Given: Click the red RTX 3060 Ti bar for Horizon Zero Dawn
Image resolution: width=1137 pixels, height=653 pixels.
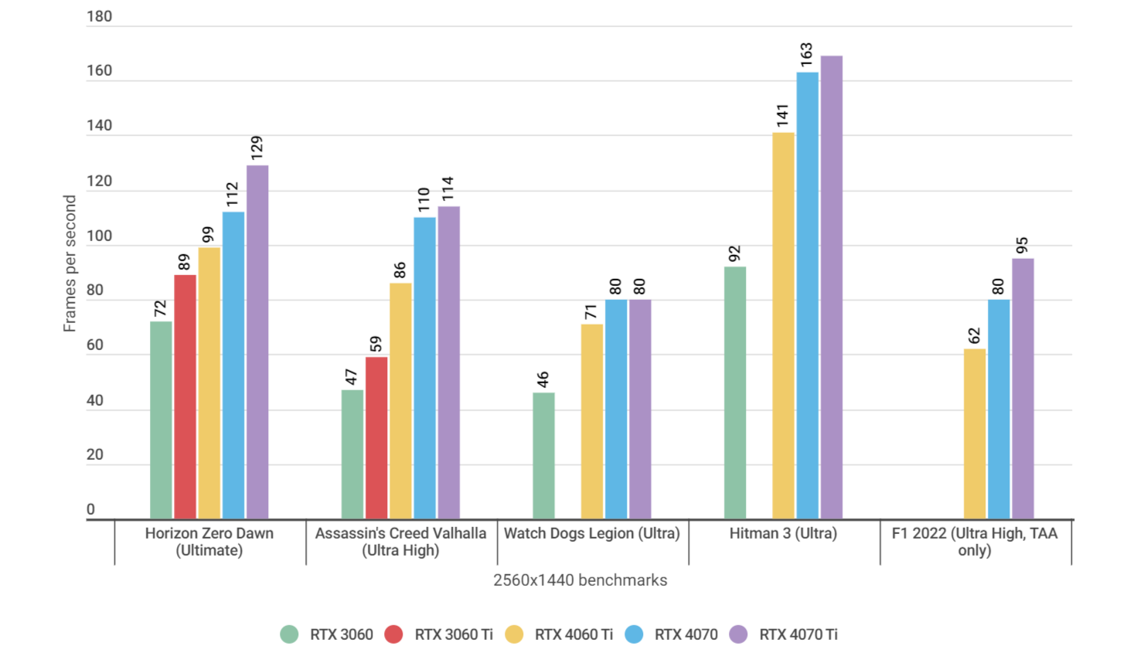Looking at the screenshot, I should pyautogui.click(x=185, y=396).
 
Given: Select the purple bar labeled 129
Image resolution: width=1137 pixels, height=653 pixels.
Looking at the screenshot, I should pyautogui.click(x=257, y=342).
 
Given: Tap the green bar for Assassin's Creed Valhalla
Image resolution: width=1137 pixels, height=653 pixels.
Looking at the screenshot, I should pyautogui.click(x=352, y=454).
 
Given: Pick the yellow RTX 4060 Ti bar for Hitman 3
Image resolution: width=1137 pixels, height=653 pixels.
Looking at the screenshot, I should pyautogui.click(x=783, y=325).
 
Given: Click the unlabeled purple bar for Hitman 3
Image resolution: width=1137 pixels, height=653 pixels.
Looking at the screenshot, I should pyautogui.click(x=832, y=287).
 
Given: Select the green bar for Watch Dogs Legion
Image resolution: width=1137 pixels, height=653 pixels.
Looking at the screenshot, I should pyautogui.click(x=543, y=455).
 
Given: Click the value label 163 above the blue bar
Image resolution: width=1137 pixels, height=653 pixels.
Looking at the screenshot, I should pyautogui.click(x=806, y=56).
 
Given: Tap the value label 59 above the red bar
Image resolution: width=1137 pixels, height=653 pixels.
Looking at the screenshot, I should pyautogui.click(x=376, y=344).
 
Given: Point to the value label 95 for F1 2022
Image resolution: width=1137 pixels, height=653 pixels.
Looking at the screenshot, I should pyautogui.click(x=1022, y=246).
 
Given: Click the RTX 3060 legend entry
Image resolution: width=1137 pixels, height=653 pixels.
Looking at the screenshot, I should pyautogui.click(x=327, y=634).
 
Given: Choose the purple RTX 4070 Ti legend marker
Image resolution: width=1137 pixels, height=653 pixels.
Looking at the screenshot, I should pyautogui.click(x=739, y=634).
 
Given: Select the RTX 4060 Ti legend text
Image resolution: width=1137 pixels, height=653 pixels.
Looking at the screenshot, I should pyautogui.click(x=574, y=634).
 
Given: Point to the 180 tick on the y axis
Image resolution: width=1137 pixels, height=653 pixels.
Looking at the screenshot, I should pyautogui.click(x=99, y=16).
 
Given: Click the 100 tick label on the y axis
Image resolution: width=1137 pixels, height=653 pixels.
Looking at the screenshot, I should pyautogui.click(x=99, y=236).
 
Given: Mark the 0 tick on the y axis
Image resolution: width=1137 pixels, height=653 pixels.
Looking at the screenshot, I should pyautogui.click(x=90, y=509).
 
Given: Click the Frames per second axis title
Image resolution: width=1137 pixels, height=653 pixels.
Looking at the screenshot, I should pyautogui.click(x=70, y=264).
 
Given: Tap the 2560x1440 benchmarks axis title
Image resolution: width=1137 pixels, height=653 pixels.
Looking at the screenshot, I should pyautogui.click(x=580, y=580).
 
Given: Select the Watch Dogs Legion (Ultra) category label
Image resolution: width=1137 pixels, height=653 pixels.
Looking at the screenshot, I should pyautogui.click(x=591, y=533).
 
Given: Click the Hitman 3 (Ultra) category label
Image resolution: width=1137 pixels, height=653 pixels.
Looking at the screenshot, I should pyautogui.click(x=783, y=533).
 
